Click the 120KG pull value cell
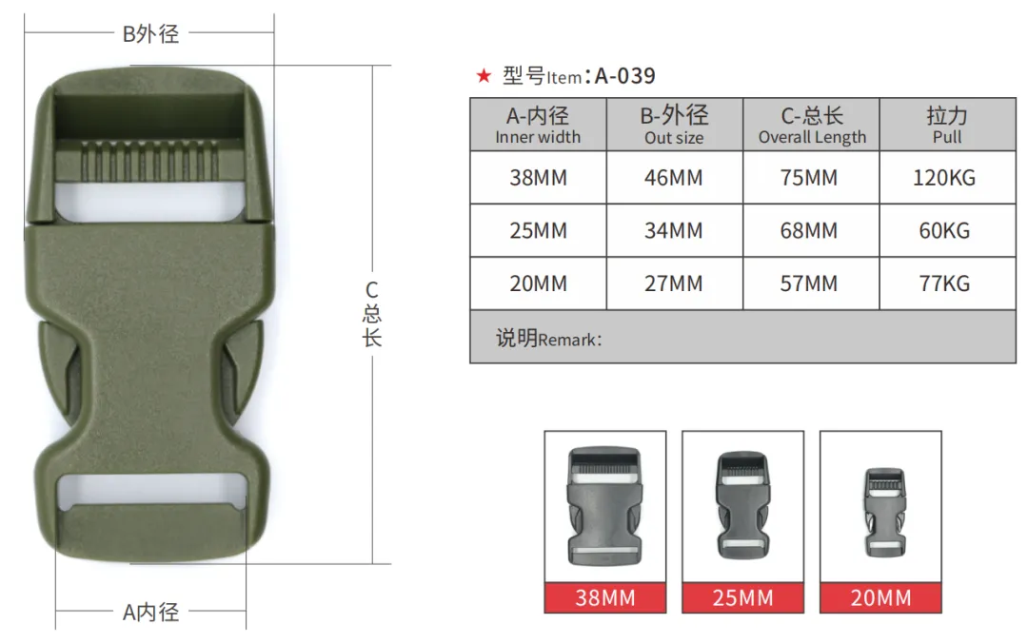(944, 178)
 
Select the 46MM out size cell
(674, 178)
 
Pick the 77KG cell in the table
(944, 283)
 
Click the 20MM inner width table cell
(538, 283)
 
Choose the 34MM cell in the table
(674, 231)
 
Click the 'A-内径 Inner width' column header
(538, 125)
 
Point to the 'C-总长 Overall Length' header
(811, 125)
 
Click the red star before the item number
(484, 76)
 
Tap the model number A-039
(624, 76)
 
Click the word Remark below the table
(569, 340)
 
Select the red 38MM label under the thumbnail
(605, 598)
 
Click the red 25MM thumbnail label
(742, 598)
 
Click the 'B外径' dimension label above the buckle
(150, 34)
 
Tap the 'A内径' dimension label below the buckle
(150, 613)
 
